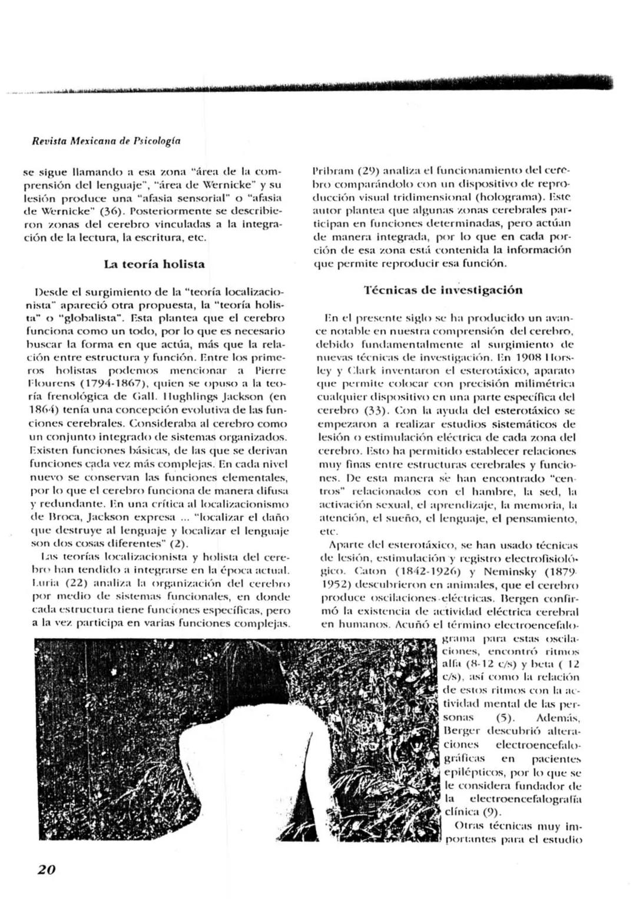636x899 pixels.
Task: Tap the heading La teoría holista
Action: click(x=154, y=264)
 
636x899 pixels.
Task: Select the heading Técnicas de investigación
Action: click(x=443, y=290)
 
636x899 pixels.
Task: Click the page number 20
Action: click(x=47, y=869)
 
